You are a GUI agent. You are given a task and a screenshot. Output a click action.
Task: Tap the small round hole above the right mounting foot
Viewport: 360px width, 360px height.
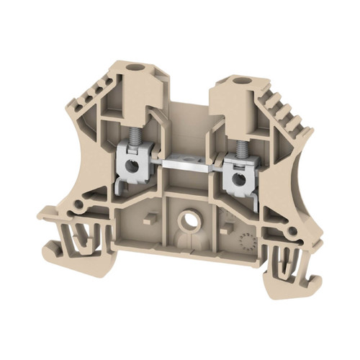click(296, 232)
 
